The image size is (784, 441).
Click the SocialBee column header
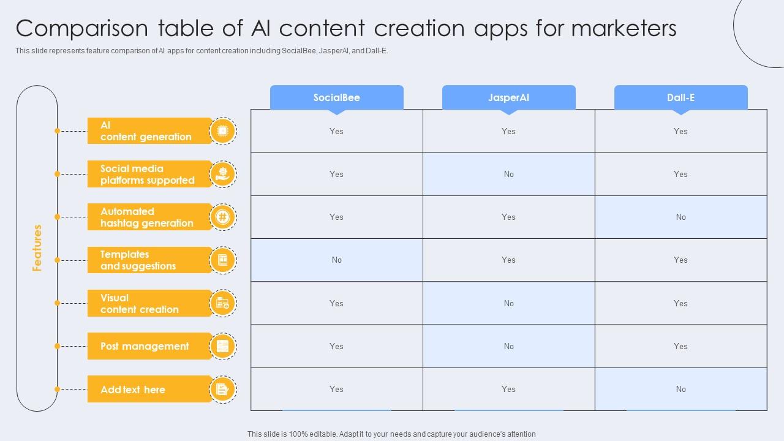click(336, 97)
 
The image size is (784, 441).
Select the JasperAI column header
click(508, 97)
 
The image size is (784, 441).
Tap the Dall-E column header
click(680, 97)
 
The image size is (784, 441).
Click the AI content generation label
click(146, 131)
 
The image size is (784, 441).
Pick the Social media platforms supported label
click(148, 174)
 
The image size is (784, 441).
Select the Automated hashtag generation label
click(147, 217)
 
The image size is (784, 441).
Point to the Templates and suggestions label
click(138, 260)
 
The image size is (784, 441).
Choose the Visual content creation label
click(140, 303)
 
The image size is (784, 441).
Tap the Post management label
click(145, 346)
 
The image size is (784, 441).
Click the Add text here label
click(133, 390)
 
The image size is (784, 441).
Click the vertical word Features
click(37, 247)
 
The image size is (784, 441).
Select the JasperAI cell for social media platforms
click(508, 174)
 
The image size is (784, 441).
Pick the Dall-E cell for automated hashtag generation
click(680, 217)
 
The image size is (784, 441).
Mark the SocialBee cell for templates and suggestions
click(336, 260)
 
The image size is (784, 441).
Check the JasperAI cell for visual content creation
click(508, 303)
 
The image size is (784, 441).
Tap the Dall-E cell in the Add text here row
click(680, 389)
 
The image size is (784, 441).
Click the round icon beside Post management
click(222, 346)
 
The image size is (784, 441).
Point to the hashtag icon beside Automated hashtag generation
click(222, 217)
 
